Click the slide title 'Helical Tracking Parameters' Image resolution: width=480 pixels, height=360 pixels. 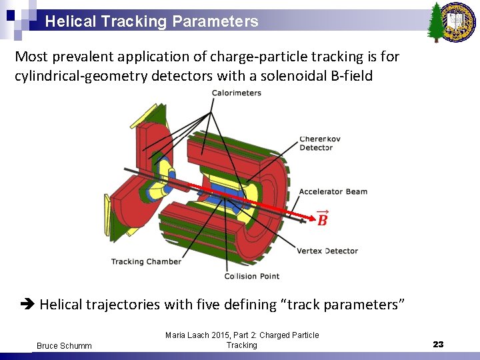(x=151, y=21)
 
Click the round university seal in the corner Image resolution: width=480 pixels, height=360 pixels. (x=460, y=19)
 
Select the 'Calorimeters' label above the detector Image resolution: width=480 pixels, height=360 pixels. (x=237, y=93)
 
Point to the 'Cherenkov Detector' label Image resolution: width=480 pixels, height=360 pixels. (x=320, y=143)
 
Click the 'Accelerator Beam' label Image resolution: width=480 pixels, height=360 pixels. (x=333, y=191)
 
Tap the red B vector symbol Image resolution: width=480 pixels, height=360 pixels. (x=322, y=219)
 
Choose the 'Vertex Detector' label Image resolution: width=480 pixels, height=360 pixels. (x=327, y=251)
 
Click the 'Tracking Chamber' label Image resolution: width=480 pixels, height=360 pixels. (x=146, y=261)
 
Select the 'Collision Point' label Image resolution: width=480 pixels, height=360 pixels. (x=251, y=276)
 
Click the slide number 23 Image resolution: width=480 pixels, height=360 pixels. (x=438, y=344)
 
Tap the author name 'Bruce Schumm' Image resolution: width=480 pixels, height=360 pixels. (x=64, y=345)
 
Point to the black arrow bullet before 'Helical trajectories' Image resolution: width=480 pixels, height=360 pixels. (x=27, y=305)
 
